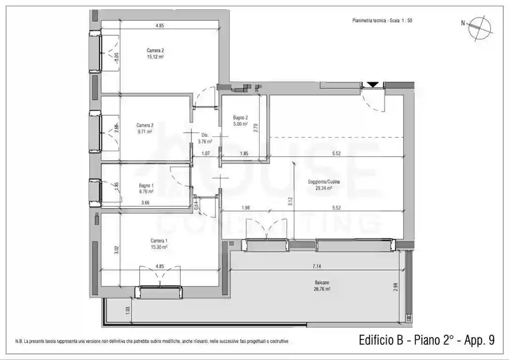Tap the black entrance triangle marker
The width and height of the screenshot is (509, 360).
click(x=373, y=85)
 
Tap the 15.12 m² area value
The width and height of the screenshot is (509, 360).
click(x=155, y=57)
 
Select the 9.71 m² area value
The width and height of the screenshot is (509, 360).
click(x=144, y=132)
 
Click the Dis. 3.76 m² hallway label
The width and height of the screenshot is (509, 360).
click(x=205, y=138)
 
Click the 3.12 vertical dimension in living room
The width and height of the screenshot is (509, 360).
click(x=291, y=202)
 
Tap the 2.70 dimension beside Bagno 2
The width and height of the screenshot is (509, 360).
click(x=256, y=127)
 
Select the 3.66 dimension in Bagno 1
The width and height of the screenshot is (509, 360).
click(x=146, y=202)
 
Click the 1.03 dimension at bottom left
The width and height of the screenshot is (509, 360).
click(x=128, y=310)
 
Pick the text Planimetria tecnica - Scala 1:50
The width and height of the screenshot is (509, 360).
click(x=382, y=21)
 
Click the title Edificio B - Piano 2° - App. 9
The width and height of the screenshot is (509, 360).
click(x=426, y=340)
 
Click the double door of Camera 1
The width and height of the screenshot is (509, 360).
click(x=160, y=276)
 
